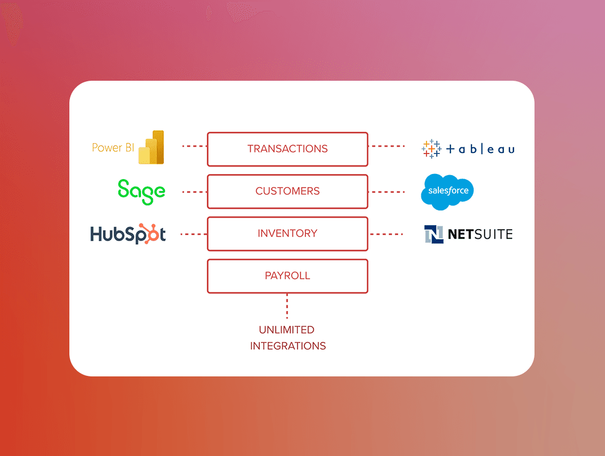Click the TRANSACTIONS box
tap(287, 149)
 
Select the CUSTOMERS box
tap(287, 192)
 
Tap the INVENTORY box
tap(287, 234)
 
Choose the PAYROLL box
tap(287, 276)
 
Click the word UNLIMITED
tap(287, 330)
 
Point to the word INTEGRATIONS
tap(288, 346)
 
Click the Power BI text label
tap(113, 148)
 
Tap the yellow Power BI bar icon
tap(151, 148)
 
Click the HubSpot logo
tap(128, 234)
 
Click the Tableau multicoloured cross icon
tap(431, 148)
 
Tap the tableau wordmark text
tap(480, 150)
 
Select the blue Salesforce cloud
tap(447, 192)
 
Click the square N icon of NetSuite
tap(434, 234)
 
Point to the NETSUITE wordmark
tap(480, 234)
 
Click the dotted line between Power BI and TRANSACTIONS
tap(194, 146)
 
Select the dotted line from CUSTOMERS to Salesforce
tap(387, 192)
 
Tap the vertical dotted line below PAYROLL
tap(287, 306)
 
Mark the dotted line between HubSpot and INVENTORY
tap(193, 234)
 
